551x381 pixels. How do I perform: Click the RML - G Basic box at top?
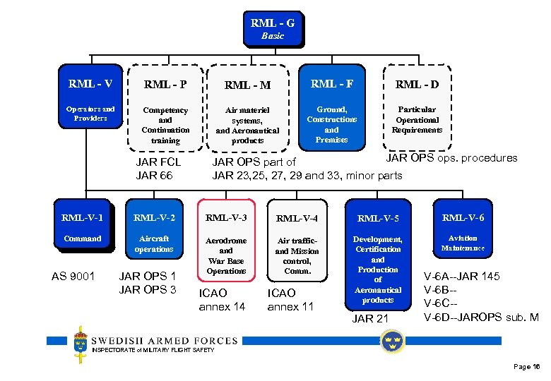point(272,28)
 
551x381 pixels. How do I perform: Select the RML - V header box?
point(90,84)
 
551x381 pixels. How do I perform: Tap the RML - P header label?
point(165,85)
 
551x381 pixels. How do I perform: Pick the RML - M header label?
point(247,85)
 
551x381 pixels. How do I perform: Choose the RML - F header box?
point(332,84)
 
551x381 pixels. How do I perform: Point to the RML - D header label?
point(417,85)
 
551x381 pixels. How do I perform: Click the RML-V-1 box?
point(82,217)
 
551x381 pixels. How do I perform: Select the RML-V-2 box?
point(154,217)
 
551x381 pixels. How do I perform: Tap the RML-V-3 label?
point(226,217)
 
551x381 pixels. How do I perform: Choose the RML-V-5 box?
point(378,218)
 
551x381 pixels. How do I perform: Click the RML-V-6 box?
point(463,217)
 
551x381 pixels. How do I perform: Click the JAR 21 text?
point(370,319)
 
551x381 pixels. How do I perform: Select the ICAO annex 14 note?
point(222,299)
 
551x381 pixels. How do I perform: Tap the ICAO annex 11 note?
point(290,299)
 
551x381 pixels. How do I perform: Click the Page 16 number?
point(527,367)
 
